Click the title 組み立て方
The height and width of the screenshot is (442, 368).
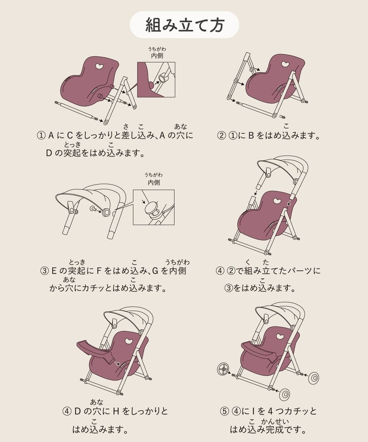coord(184,25)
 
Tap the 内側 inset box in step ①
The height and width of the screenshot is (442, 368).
coord(156,80)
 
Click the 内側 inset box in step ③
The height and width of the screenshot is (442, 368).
coord(154,207)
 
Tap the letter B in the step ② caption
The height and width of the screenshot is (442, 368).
coord(250,136)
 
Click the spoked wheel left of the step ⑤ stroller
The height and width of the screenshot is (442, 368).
coord(223,369)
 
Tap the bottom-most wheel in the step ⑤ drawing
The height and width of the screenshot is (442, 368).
coord(285,395)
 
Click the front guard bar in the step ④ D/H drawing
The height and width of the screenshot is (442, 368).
coord(95,350)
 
